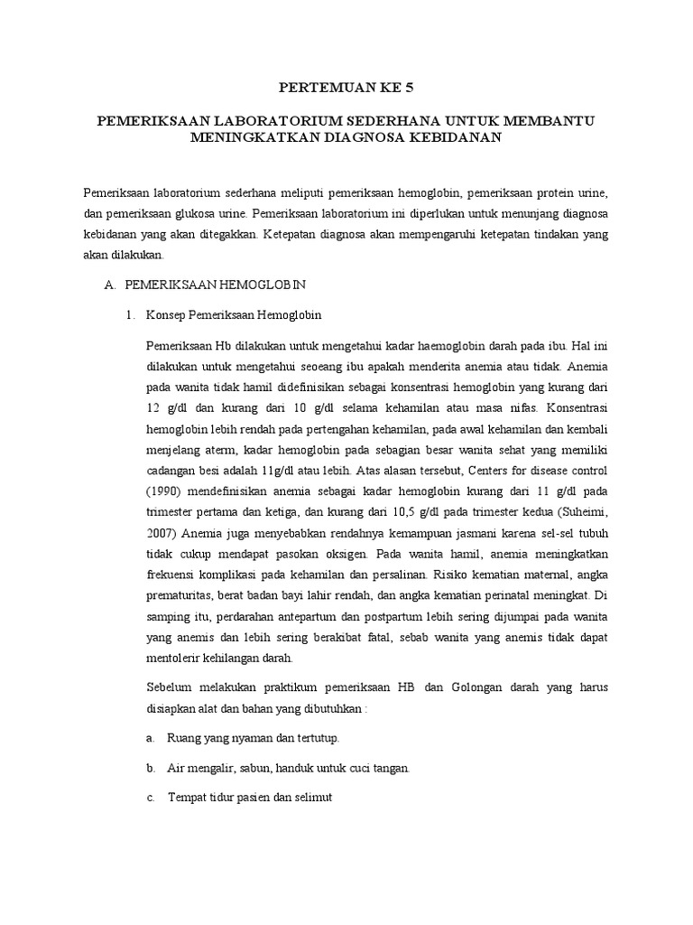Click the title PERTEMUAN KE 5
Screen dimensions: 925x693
click(x=346, y=88)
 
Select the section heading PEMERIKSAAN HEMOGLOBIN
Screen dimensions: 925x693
click(x=216, y=285)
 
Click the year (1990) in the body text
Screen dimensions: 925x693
click(x=163, y=491)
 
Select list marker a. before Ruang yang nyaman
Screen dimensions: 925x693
click(x=150, y=738)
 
